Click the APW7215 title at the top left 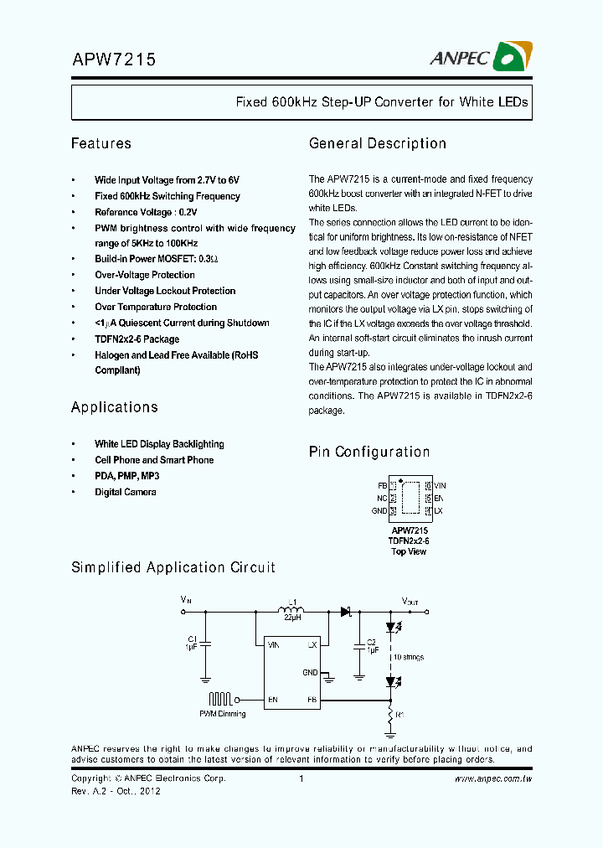[x=113, y=60]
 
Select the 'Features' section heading [x=101, y=143]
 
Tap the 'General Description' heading [x=377, y=143]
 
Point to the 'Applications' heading [x=114, y=407]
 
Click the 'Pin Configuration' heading [x=369, y=452]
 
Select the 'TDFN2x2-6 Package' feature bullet [x=137, y=339]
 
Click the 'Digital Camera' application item [x=125, y=492]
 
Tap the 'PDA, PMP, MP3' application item [x=126, y=476]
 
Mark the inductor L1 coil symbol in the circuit [x=291, y=610]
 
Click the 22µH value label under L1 [x=291, y=619]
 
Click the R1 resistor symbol [x=389, y=714]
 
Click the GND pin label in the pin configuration [x=379, y=510]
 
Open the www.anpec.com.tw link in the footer [x=493, y=778]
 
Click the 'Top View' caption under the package [x=410, y=551]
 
